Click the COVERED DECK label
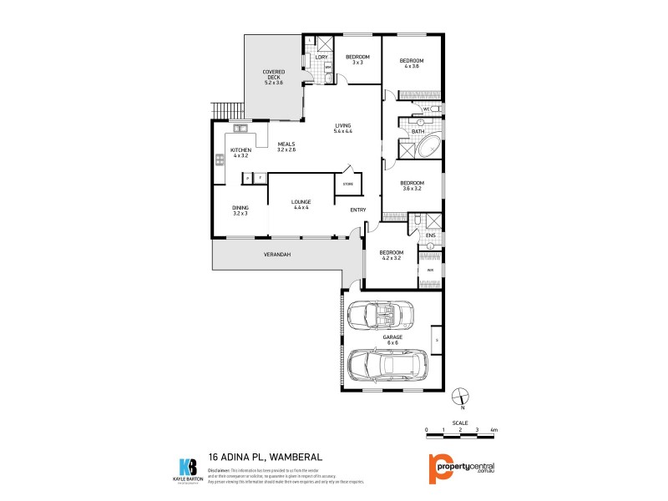click(274, 77)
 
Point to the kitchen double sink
click(242, 128)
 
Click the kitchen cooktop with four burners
click(220, 160)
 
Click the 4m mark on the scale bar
click(494, 429)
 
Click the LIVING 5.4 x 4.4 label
click(343, 129)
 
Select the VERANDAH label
click(276, 254)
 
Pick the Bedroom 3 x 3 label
click(357, 59)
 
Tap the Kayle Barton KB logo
click(189, 468)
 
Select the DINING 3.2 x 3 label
click(240, 210)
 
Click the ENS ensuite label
click(430, 235)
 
